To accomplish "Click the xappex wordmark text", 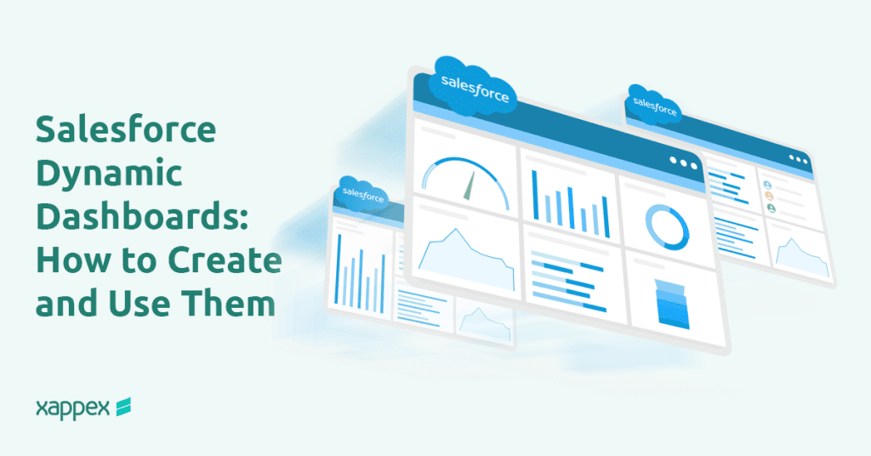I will (72, 408).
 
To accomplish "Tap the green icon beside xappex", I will (123, 408).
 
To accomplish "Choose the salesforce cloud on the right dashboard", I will (655, 105).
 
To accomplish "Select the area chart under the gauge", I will (467, 256).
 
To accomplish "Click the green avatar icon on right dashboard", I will (771, 208).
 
